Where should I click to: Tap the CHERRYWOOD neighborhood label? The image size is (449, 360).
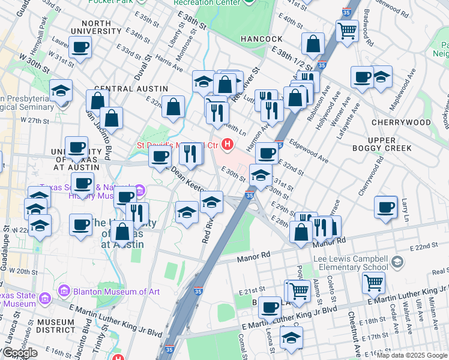point(401,122)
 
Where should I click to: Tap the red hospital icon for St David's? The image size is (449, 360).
point(228,144)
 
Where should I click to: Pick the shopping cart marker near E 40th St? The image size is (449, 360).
point(347,29)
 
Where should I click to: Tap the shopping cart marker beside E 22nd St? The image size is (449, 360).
point(374,280)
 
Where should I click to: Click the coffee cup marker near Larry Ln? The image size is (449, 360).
point(385,207)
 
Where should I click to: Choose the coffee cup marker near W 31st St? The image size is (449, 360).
point(80,47)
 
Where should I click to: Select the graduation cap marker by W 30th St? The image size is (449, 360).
point(61,90)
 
